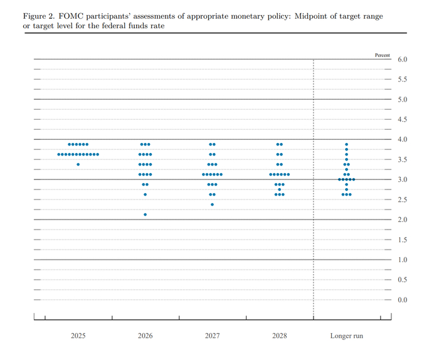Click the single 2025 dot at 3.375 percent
click(x=78, y=164)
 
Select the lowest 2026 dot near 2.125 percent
click(x=145, y=214)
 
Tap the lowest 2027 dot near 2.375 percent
click(x=212, y=204)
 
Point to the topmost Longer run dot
click(x=346, y=144)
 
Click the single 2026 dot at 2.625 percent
click(x=145, y=194)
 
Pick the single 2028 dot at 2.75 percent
click(x=280, y=189)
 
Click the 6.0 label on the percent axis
click(x=403, y=60)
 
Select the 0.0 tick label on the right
click(x=403, y=300)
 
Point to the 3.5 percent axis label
click(x=403, y=159)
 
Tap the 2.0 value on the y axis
click(x=403, y=220)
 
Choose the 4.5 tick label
click(x=403, y=120)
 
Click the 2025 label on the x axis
click(x=78, y=336)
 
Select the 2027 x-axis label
click(x=212, y=336)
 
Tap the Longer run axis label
click(x=347, y=336)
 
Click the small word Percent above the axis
click(x=383, y=55)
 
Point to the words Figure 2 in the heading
click(x=39, y=16)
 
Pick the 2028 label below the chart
click(x=280, y=336)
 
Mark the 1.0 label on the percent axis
click(x=403, y=260)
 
